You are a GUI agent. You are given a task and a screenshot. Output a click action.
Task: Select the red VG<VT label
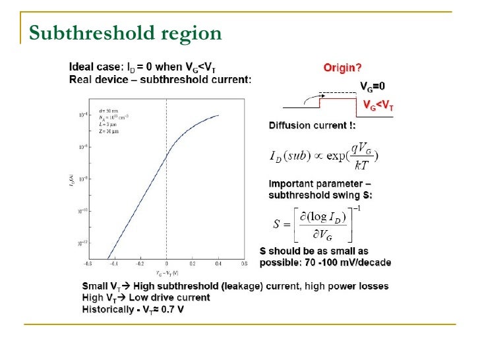tap(378, 104)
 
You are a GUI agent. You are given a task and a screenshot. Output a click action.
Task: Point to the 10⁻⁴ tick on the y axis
tap(82, 115)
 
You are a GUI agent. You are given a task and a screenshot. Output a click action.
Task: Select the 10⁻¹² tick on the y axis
tap(82, 243)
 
